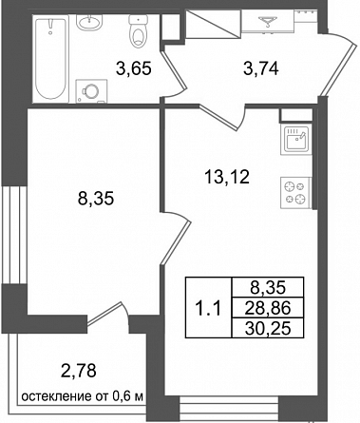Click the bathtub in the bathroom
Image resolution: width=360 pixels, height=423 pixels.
[x=50, y=58]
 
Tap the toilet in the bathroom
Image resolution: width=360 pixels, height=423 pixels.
[x=139, y=31]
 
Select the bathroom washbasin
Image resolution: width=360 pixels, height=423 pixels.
[x=89, y=22]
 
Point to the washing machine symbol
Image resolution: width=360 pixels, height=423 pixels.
[x=91, y=91]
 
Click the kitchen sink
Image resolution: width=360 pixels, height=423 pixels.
[x=296, y=140]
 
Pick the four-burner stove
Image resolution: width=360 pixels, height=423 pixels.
[x=295, y=193]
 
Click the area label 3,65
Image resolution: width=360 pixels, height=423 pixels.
[x=133, y=68]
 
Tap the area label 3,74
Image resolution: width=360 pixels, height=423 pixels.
[x=261, y=68]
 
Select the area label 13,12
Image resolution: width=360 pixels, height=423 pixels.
[x=227, y=177]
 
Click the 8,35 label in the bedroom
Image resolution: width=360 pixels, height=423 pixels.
[x=96, y=199]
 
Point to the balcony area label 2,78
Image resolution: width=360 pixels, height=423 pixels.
[x=79, y=371]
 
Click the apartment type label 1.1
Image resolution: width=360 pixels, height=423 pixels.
[x=208, y=308]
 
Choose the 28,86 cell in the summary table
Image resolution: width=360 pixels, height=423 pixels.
[x=268, y=308]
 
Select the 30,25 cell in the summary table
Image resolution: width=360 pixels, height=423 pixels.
[x=268, y=328]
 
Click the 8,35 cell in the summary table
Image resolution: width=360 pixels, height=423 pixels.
[x=268, y=288]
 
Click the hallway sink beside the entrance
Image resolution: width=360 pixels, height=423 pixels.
[x=269, y=20]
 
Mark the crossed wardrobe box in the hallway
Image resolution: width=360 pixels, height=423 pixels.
[x=213, y=23]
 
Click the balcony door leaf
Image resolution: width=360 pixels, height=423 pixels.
[x=104, y=314]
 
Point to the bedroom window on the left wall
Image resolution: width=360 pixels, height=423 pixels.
[x=13, y=235]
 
